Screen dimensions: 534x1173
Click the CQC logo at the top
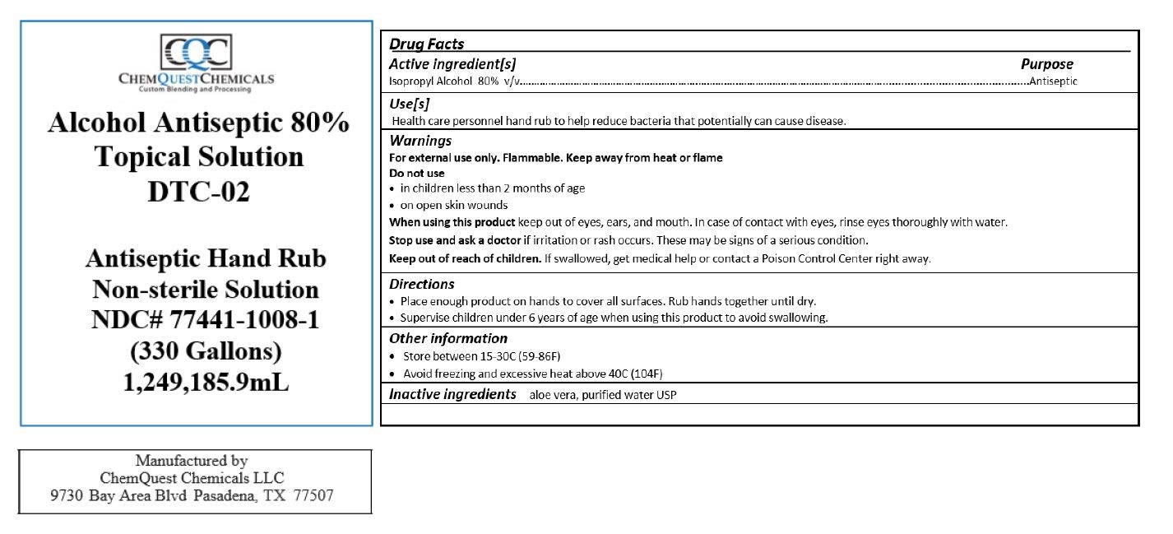point(196,53)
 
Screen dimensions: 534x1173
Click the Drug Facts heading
point(426,44)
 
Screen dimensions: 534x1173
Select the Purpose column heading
point(1046,64)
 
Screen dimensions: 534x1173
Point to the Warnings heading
point(420,141)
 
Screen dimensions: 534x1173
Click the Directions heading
point(421,284)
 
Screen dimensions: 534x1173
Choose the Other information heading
point(447,338)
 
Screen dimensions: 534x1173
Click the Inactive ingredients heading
point(452,394)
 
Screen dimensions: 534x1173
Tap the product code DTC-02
point(198,192)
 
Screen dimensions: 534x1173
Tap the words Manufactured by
point(192,461)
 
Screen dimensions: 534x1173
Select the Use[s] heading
point(409,104)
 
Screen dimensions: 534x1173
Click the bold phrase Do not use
point(416,174)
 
